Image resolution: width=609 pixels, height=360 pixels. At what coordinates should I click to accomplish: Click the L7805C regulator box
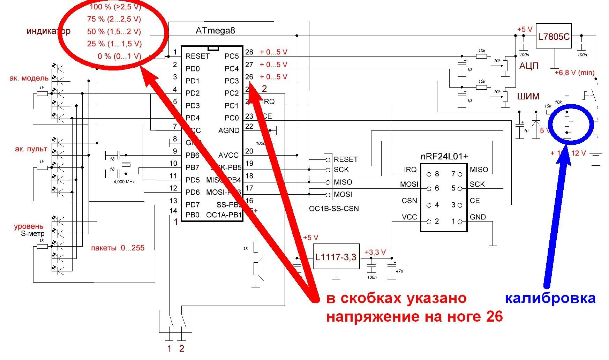[554, 36]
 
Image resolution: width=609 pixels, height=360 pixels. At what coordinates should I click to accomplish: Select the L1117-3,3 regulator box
[336, 257]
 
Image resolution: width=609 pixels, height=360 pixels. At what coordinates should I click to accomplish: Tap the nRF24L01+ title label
[444, 157]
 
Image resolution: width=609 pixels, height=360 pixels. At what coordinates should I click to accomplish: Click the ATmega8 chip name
[215, 30]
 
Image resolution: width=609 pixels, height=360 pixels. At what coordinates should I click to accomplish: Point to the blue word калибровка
[550, 299]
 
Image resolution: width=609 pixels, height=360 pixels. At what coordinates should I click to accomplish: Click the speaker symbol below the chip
[258, 269]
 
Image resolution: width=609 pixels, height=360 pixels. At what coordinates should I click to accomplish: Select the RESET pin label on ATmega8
[197, 56]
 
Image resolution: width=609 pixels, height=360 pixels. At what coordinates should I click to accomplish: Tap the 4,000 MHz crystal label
[124, 182]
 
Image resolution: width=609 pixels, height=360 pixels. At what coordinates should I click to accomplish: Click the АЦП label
[529, 66]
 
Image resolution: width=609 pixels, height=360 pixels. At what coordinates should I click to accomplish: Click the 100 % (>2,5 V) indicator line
[115, 7]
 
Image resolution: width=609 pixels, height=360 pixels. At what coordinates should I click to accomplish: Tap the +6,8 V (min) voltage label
[574, 73]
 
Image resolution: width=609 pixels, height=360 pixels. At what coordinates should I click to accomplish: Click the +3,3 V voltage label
[375, 252]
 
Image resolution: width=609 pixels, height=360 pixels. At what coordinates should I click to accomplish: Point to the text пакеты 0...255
[118, 248]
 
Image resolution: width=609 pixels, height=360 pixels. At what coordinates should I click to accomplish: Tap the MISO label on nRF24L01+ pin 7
[479, 170]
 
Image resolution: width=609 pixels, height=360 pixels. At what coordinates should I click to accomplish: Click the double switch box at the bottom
[175, 321]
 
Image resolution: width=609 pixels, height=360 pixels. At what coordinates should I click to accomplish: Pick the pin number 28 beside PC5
[249, 52]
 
